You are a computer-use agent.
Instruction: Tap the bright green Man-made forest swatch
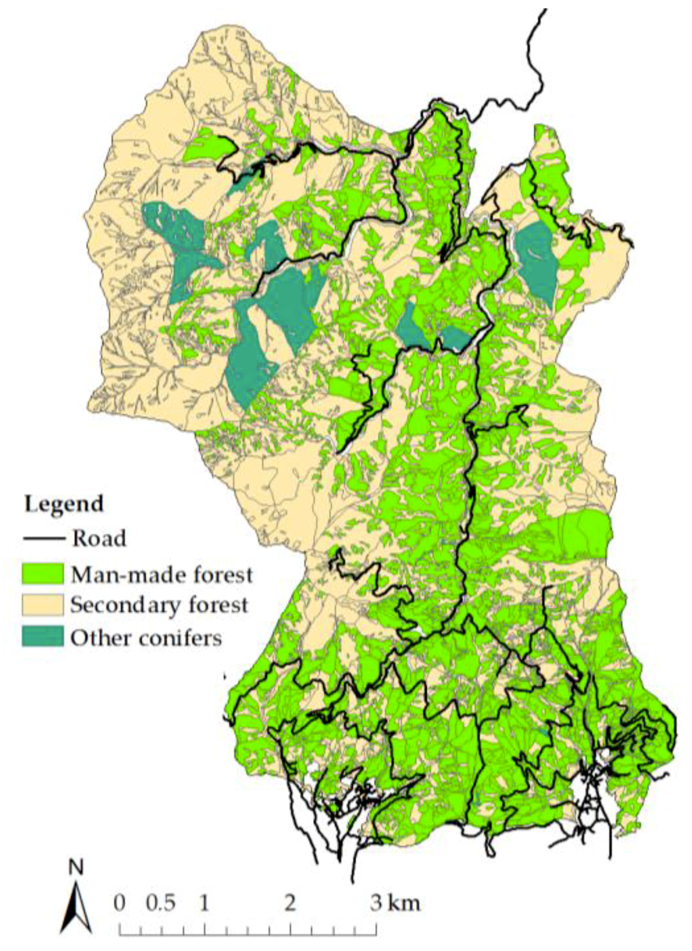pos(43,573)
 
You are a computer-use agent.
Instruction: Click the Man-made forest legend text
pos(162,575)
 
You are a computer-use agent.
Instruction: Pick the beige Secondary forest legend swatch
pos(43,605)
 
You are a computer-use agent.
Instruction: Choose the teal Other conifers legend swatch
pos(43,637)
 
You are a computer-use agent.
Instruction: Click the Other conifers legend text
pos(146,638)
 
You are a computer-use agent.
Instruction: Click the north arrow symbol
pos(76,903)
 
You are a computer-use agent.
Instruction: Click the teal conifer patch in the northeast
pos(537,264)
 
